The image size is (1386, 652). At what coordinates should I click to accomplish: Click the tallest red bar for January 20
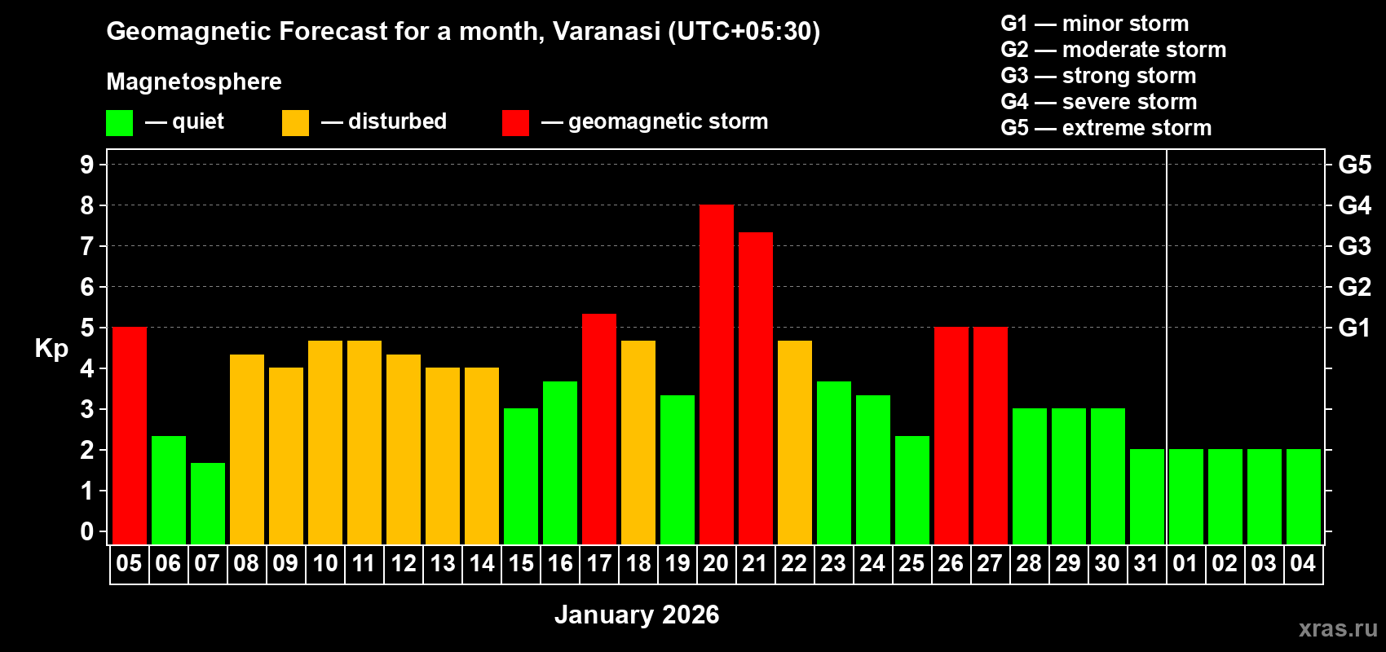tap(716, 374)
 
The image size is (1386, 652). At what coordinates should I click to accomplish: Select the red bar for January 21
tap(755, 388)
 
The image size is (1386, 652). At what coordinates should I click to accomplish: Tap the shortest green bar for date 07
tap(207, 503)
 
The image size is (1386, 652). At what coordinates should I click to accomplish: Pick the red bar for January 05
tap(129, 435)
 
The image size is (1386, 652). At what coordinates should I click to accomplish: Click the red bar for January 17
tap(598, 429)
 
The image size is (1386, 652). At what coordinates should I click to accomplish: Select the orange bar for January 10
tap(324, 442)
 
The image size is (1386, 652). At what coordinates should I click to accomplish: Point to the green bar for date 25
tap(911, 490)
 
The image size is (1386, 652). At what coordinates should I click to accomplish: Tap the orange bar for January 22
tap(794, 442)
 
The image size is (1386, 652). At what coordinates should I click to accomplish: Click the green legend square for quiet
tap(119, 123)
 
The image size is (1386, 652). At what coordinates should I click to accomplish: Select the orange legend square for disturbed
tap(295, 123)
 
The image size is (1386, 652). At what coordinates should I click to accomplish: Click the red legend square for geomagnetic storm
tap(515, 123)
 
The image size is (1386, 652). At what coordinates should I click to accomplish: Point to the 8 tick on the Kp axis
tap(87, 205)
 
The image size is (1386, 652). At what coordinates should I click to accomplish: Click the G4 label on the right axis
tap(1354, 205)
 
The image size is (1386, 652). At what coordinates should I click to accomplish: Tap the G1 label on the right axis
tap(1354, 328)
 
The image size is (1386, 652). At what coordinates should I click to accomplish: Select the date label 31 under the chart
tap(1146, 563)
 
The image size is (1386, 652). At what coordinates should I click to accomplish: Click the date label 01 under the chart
tap(1185, 563)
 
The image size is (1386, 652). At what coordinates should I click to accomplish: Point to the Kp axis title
tap(51, 348)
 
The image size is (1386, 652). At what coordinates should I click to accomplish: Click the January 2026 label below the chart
tap(637, 615)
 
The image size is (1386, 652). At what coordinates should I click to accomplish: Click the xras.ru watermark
tap(1338, 628)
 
